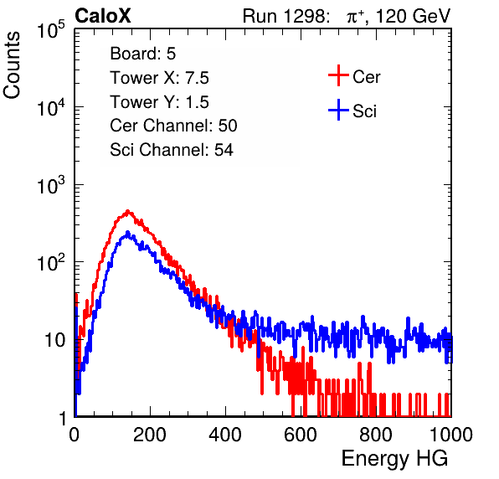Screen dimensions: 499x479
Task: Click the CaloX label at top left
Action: tap(103, 16)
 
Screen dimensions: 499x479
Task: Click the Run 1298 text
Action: tap(286, 16)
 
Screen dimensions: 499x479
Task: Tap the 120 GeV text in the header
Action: tap(413, 16)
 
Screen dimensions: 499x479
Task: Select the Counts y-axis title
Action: tap(12, 65)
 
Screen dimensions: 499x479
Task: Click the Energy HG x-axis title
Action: tap(394, 459)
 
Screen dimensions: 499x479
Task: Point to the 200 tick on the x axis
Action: tap(150, 435)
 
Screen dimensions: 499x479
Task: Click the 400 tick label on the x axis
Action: tap(225, 435)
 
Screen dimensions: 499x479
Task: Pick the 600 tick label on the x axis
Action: tap(301, 435)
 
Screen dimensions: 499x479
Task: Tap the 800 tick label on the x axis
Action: tap(376, 435)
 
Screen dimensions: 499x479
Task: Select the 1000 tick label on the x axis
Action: tap(451, 435)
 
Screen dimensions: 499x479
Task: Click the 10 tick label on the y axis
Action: tap(55, 340)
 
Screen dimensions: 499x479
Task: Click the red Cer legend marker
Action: tap(338, 75)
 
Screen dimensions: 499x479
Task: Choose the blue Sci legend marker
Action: tap(338, 110)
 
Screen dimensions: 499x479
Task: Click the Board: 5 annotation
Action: tap(143, 54)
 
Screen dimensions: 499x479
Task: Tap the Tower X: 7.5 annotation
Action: tap(159, 78)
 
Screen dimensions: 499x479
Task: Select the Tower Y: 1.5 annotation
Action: tap(159, 102)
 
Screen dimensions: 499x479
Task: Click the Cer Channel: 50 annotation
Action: tap(173, 126)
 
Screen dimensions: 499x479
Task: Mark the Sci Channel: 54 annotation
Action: tap(172, 150)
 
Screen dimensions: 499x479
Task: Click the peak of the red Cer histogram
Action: tap(127, 211)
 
